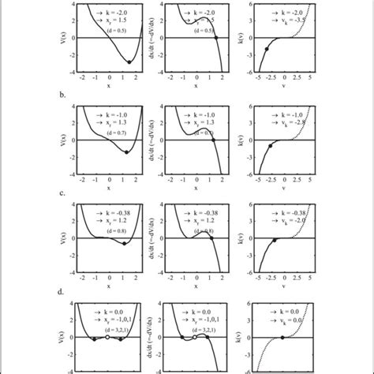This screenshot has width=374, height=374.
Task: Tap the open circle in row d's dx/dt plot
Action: pos(194,337)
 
